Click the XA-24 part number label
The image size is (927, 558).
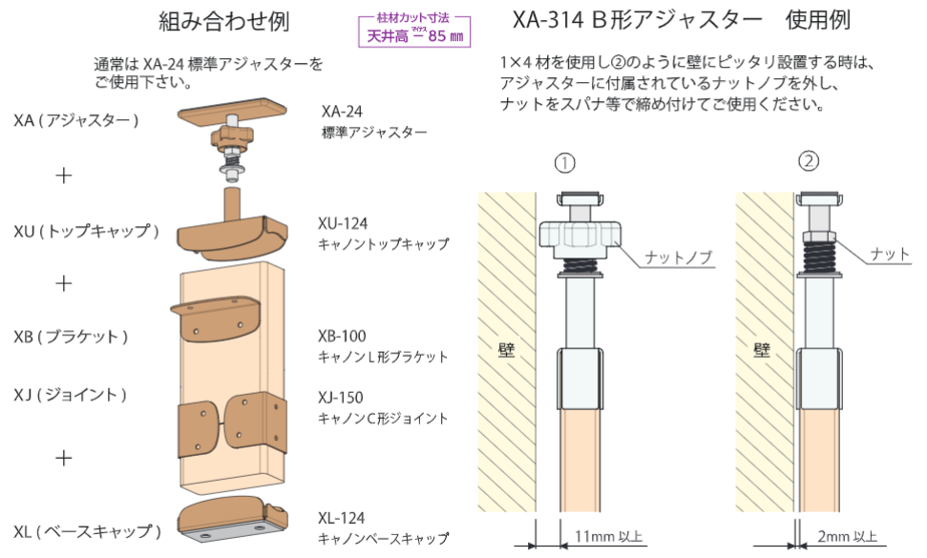[342, 111]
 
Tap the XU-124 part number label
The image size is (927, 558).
[343, 223]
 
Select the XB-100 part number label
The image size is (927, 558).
[342, 336]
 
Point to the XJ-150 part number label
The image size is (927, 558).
[340, 398]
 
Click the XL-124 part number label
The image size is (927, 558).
[341, 518]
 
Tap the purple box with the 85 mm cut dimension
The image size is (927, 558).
[414, 31]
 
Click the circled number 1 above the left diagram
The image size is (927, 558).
[564, 162]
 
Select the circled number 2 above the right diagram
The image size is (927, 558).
[809, 160]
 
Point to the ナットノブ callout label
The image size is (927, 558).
[678, 257]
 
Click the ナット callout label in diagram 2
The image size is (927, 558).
[890, 254]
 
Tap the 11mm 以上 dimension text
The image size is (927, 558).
[608, 536]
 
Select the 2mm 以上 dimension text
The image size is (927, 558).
[847, 536]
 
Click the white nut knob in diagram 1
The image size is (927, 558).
[579, 239]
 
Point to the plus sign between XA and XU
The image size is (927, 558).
[63, 176]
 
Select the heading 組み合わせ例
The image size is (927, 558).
[224, 21]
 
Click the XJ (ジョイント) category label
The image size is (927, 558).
[71, 395]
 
